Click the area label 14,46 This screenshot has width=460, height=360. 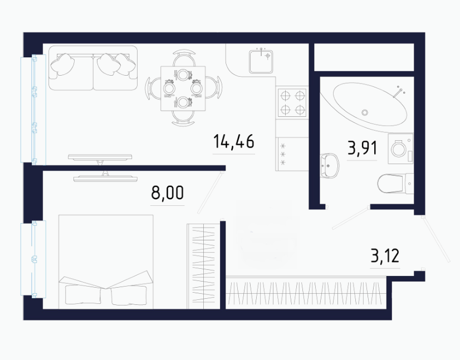click(x=233, y=141)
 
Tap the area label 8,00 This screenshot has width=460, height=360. click(x=167, y=193)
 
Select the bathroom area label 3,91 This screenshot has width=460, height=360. click(x=362, y=148)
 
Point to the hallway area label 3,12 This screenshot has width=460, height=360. click(x=385, y=255)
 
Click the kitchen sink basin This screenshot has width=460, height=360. click(x=261, y=62)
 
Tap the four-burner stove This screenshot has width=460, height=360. click(x=292, y=102)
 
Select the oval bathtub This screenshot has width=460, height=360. click(x=370, y=104)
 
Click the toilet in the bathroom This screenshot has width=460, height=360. click(x=395, y=184)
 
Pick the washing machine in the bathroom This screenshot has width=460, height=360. click(x=400, y=149)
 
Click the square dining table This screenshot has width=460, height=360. click(x=183, y=88)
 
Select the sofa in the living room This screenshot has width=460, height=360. click(x=93, y=68)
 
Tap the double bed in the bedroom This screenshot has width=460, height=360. click(x=106, y=262)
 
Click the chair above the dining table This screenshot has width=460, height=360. click(x=184, y=58)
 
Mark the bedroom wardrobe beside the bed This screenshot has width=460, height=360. click(x=204, y=266)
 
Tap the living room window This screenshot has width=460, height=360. click(x=33, y=109)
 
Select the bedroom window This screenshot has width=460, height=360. click(x=33, y=259)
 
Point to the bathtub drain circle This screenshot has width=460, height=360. click(x=365, y=112)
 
